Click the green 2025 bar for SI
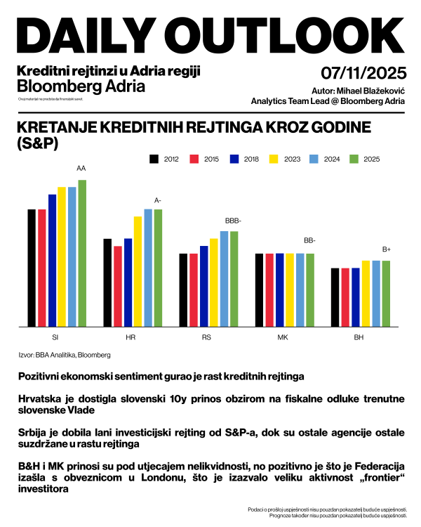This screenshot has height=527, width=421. pyautogui.click(x=82, y=253)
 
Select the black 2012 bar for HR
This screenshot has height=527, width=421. pyautogui.click(x=107, y=282)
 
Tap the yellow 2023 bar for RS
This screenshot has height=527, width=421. pyautogui.click(x=214, y=282)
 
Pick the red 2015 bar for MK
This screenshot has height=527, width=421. pyautogui.click(x=269, y=289)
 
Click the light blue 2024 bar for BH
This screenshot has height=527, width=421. pyautogui.click(x=375, y=293)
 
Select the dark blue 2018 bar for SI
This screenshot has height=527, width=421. pyautogui.click(x=52, y=260)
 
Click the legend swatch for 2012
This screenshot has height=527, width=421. pyautogui.click(x=154, y=160)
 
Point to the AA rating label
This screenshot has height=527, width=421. pyautogui.click(x=81, y=169)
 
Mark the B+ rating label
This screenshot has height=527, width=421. pyautogui.click(x=386, y=249)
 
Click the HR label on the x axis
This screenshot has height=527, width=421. pyautogui.click(x=131, y=337)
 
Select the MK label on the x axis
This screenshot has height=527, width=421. pyautogui.click(x=283, y=337)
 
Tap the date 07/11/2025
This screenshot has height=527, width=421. pyautogui.click(x=363, y=73)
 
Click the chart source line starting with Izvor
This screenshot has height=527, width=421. pyautogui.click(x=65, y=356)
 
